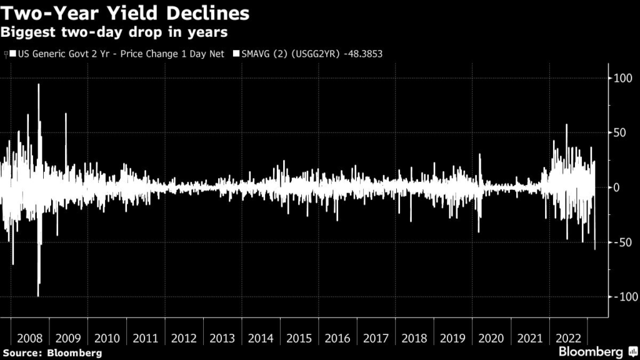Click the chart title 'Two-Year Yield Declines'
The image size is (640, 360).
click(x=126, y=13)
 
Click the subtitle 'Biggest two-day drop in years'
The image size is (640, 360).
click(x=114, y=31)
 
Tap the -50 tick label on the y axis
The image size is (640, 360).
click(x=622, y=242)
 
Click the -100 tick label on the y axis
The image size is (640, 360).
click(x=624, y=296)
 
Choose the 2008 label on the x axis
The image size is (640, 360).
click(x=30, y=339)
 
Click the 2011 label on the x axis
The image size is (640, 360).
click(x=146, y=339)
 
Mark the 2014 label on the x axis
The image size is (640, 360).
click(x=261, y=339)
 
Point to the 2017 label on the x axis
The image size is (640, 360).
click(x=376, y=339)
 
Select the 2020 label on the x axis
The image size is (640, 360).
click(x=491, y=339)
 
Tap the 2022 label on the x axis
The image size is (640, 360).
click(x=567, y=339)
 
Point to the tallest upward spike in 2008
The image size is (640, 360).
click(x=39, y=85)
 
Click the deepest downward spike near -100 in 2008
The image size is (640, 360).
click(x=39, y=295)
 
